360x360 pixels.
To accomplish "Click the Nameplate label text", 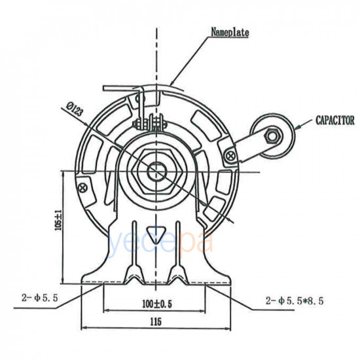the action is (230, 32).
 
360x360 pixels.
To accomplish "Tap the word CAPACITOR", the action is (335, 120).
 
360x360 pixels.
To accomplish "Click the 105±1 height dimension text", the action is (59, 220).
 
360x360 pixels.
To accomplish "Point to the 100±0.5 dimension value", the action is (157, 304).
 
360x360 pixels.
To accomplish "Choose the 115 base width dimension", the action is (156, 321).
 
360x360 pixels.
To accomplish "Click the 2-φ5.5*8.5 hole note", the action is (295, 300).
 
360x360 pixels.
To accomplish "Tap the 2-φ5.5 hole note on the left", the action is (40, 298).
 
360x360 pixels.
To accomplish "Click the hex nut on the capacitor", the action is (272, 136).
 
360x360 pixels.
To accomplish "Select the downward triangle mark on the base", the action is (156, 235).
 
